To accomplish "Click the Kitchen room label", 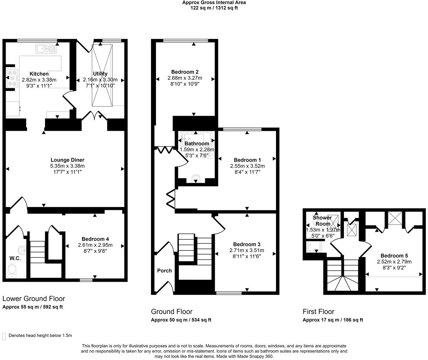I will click(x=39, y=74).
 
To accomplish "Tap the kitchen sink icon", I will click(x=46, y=49).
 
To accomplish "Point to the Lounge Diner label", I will click(x=67, y=160).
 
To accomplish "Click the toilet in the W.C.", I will click(x=12, y=271).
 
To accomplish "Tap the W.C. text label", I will click(x=15, y=258).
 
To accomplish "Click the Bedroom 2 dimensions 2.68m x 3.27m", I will click(x=185, y=78).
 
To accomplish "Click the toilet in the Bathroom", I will click(x=196, y=180).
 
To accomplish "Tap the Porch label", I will click(x=164, y=271).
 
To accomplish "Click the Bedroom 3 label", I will click(x=246, y=244).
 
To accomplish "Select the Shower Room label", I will click(x=322, y=220).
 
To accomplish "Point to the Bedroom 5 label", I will click(x=394, y=256).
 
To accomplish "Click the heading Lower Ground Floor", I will click(x=34, y=299).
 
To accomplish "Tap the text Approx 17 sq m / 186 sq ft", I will click(x=333, y=320).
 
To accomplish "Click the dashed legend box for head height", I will click(x=4, y=336).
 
